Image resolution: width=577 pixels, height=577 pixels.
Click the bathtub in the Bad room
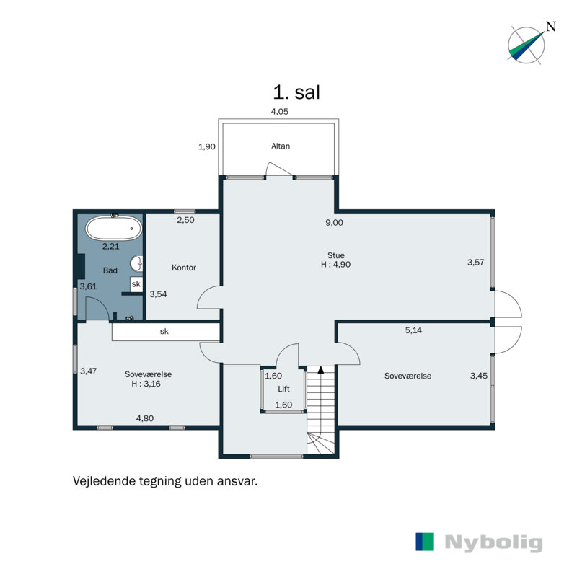click(114, 228)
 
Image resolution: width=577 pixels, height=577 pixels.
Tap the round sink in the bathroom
click(136, 263)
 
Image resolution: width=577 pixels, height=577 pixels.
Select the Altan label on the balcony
click(281, 146)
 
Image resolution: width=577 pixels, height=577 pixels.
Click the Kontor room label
click(184, 268)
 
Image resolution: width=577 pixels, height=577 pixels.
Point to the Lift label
click(283, 389)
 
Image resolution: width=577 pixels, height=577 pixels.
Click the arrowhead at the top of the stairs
click(321, 370)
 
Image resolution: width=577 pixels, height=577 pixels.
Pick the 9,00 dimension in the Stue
click(334, 223)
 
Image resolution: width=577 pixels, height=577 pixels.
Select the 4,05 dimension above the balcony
click(280, 112)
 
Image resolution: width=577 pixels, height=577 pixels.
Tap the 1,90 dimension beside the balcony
click(207, 146)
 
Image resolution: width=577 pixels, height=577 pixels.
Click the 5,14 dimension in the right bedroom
click(413, 330)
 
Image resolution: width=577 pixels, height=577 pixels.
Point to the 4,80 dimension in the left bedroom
click(145, 418)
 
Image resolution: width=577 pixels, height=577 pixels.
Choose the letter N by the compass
click(551, 27)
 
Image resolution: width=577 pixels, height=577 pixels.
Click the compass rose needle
click(527, 45)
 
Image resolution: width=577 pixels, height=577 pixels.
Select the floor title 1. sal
click(296, 92)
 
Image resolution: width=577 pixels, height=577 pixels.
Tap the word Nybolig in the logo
click(493, 542)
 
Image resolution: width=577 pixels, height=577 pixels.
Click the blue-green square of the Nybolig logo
click(425, 542)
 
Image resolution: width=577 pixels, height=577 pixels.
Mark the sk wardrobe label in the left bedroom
click(164, 331)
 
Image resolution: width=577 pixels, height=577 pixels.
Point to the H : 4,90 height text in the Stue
click(335, 264)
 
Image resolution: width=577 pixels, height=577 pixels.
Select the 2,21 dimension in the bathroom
click(111, 246)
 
